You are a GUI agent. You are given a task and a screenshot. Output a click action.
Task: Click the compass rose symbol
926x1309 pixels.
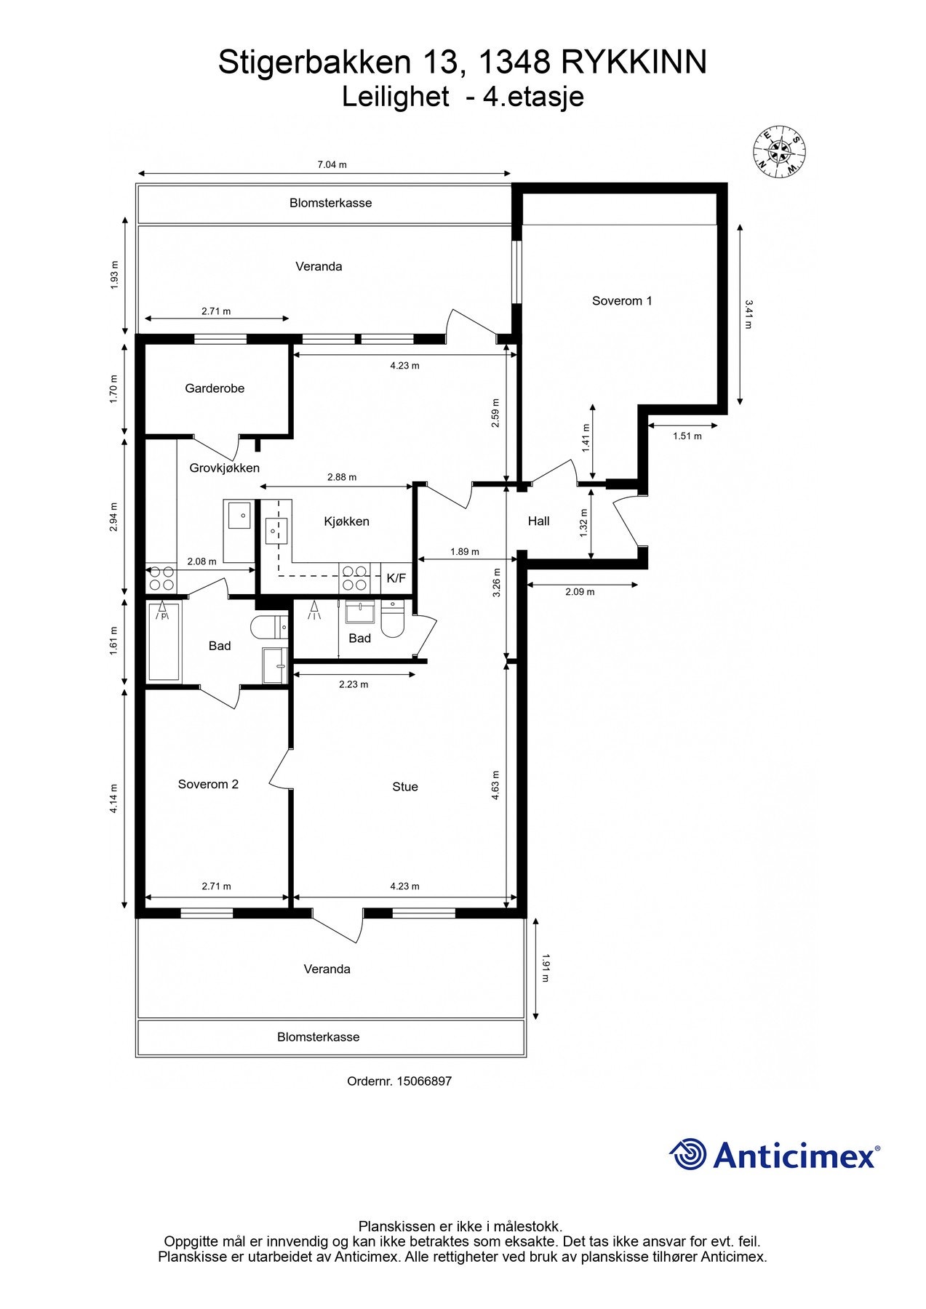click(779, 151)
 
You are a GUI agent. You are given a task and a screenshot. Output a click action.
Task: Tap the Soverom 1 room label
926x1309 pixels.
click(621, 300)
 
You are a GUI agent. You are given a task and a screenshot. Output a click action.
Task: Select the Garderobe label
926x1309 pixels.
click(215, 388)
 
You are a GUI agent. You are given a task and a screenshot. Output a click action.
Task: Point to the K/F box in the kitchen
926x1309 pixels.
click(396, 578)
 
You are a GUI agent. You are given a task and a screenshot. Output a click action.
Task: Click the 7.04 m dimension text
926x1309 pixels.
click(332, 164)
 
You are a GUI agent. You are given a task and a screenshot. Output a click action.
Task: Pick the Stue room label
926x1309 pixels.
click(404, 786)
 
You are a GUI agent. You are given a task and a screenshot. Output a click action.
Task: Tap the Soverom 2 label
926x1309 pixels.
click(208, 784)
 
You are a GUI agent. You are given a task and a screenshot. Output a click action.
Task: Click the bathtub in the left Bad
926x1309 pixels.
click(163, 643)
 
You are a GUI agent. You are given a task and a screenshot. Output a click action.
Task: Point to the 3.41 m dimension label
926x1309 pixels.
click(748, 314)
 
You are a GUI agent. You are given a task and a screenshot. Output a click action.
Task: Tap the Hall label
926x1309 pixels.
click(538, 521)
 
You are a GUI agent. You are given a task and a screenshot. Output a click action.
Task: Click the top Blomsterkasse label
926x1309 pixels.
click(330, 203)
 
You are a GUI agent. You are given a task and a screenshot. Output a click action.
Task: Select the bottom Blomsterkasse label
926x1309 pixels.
click(318, 1037)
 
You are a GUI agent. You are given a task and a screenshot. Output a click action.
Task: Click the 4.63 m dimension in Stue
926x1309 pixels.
click(495, 785)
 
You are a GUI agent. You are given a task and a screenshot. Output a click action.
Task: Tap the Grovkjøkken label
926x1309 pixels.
click(224, 468)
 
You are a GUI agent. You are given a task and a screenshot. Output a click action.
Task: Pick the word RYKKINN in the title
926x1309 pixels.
click(634, 63)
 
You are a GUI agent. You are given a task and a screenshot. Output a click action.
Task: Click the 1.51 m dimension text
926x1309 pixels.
click(687, 436)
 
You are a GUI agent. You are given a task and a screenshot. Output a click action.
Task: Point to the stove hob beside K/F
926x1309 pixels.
click(354, 578)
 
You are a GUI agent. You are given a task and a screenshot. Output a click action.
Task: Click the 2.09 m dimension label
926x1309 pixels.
click(580, 592)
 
